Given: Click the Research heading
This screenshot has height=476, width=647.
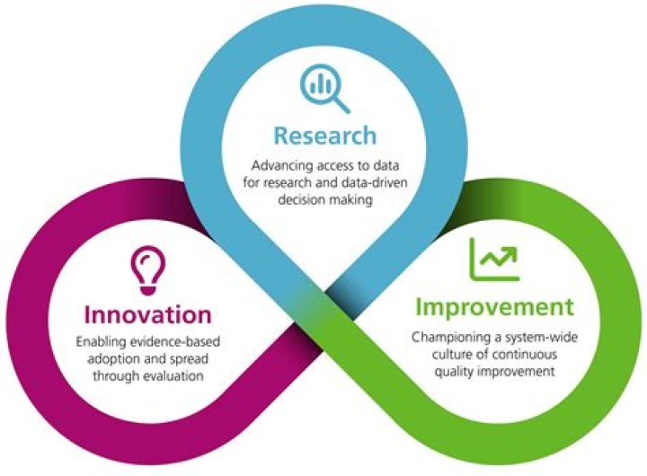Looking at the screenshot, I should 325,136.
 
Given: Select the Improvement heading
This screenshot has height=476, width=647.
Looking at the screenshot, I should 493,307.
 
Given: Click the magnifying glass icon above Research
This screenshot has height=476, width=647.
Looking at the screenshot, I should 323,88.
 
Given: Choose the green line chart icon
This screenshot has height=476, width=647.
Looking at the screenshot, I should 492,259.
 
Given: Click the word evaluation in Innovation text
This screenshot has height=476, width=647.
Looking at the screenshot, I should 175,377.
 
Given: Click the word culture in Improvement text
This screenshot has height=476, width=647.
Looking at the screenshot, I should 449,354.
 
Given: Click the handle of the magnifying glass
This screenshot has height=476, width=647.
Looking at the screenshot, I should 341,103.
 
